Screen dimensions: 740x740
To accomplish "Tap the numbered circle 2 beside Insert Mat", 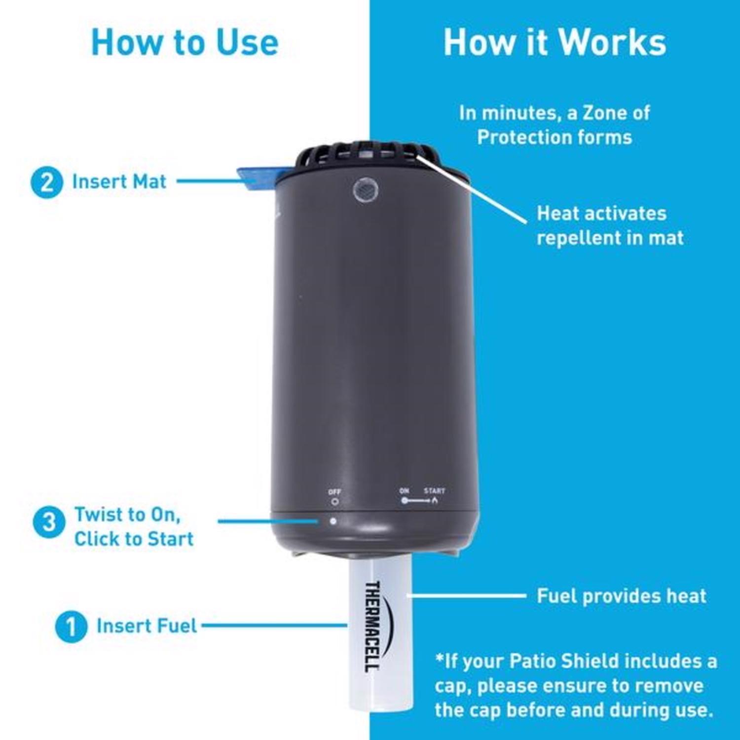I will click(x=47, y=182).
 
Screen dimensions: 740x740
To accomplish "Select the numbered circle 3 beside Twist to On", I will click(x=48, y=522).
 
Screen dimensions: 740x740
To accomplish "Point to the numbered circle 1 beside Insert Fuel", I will click(x=71, y=627).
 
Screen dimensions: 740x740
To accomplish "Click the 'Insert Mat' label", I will click(x=119, y=182).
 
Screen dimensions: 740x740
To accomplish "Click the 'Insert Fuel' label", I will click(x=147, y=626).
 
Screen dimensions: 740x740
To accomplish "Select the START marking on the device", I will click(x=434, y=491).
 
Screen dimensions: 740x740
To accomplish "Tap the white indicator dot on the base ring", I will click(x=333, y=521).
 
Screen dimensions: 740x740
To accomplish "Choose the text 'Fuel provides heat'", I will click(x=621, y=596).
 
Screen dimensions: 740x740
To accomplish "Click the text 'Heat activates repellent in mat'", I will click(x=610, y=225).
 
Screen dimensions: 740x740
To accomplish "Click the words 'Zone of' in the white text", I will click(x=616, y=113).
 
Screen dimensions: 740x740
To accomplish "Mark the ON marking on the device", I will click(x=404, y=491).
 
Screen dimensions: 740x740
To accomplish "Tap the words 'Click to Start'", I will click(x=134, y=539).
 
